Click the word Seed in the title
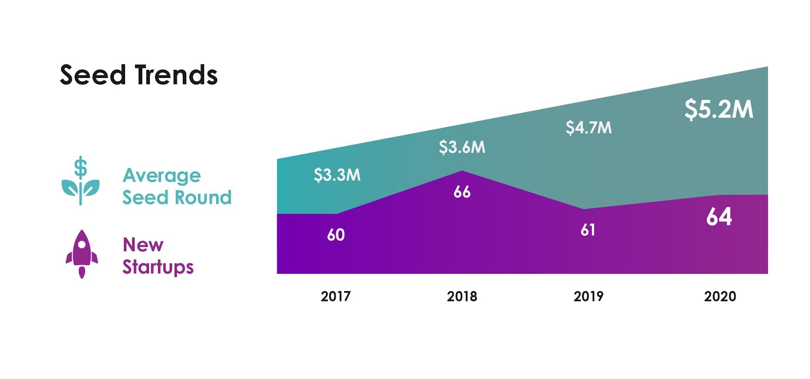point(93,75)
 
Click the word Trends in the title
point(177,75)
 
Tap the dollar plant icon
point(80,181)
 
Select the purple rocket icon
point(82,254)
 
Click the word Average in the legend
point(161,176)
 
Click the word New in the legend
point(143,245)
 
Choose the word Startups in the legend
point(158,267)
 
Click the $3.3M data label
point(337,175)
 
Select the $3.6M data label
point(462,147)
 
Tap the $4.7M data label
point(588,128)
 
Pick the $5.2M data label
point(718,109)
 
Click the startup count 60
point(336,235)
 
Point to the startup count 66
point(462,192)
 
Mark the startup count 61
point(588,230)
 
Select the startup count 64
point(719,217)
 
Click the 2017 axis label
point(335,297)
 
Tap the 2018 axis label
point(462,297)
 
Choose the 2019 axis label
point(588,297)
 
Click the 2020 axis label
point(719,297)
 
